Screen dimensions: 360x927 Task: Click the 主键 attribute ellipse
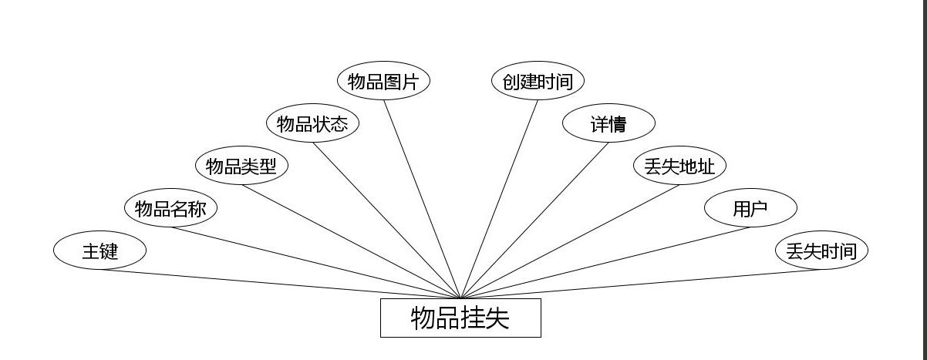99,251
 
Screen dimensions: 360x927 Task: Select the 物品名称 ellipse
170,208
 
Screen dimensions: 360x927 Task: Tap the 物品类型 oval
241,166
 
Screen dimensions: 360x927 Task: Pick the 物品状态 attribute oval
312,123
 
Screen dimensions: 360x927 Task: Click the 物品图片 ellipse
383,81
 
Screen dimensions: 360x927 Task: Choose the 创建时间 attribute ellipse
538,81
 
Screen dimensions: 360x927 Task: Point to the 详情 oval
608,123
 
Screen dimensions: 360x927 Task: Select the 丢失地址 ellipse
679,166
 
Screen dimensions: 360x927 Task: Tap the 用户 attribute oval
750,208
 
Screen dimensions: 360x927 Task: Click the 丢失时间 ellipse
821,251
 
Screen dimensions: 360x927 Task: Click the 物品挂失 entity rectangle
460,318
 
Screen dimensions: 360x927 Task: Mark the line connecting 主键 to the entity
280,284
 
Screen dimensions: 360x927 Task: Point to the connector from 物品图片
422,200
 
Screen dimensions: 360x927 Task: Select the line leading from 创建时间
499,200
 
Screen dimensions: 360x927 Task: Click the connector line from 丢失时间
641,284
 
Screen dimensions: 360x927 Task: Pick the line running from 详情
534,220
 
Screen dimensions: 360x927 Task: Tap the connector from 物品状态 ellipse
386,220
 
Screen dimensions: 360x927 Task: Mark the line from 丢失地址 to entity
570,242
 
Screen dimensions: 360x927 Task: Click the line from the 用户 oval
605,263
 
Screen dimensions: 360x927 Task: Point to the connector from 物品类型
351,242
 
